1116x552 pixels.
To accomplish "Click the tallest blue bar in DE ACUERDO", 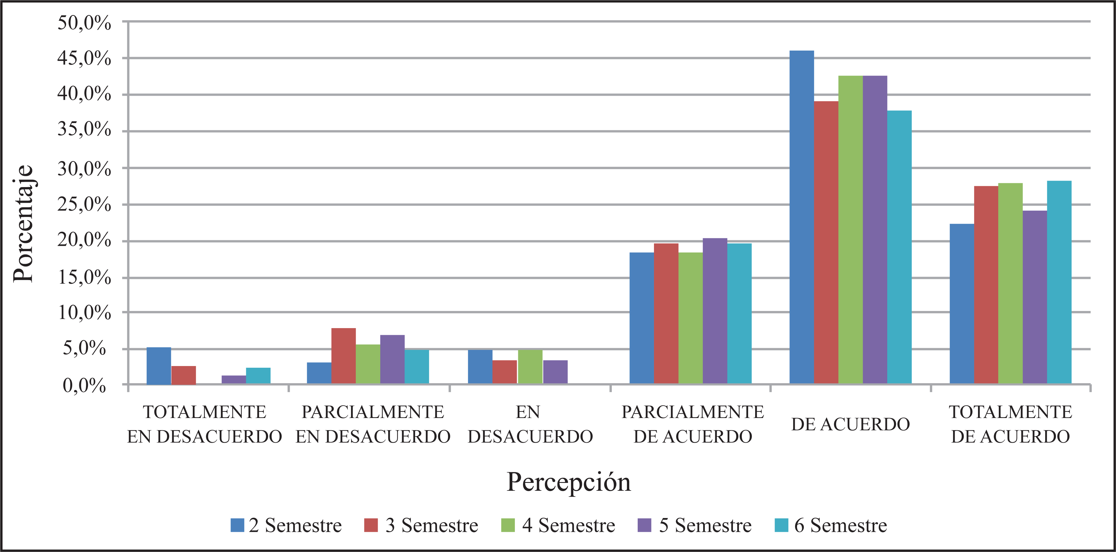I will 802,217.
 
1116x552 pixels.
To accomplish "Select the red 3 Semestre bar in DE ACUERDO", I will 826,242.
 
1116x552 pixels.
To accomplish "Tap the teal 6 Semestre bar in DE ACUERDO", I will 899,247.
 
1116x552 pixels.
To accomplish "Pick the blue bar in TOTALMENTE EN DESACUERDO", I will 159,365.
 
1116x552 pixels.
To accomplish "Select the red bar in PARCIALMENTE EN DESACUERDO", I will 343,355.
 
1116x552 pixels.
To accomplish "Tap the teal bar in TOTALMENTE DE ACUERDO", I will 1059,282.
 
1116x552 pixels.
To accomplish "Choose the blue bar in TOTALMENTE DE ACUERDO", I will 962,303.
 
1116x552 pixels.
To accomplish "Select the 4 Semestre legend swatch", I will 508,525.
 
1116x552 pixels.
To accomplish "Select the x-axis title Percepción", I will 568,482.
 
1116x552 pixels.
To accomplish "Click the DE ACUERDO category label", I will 850,424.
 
